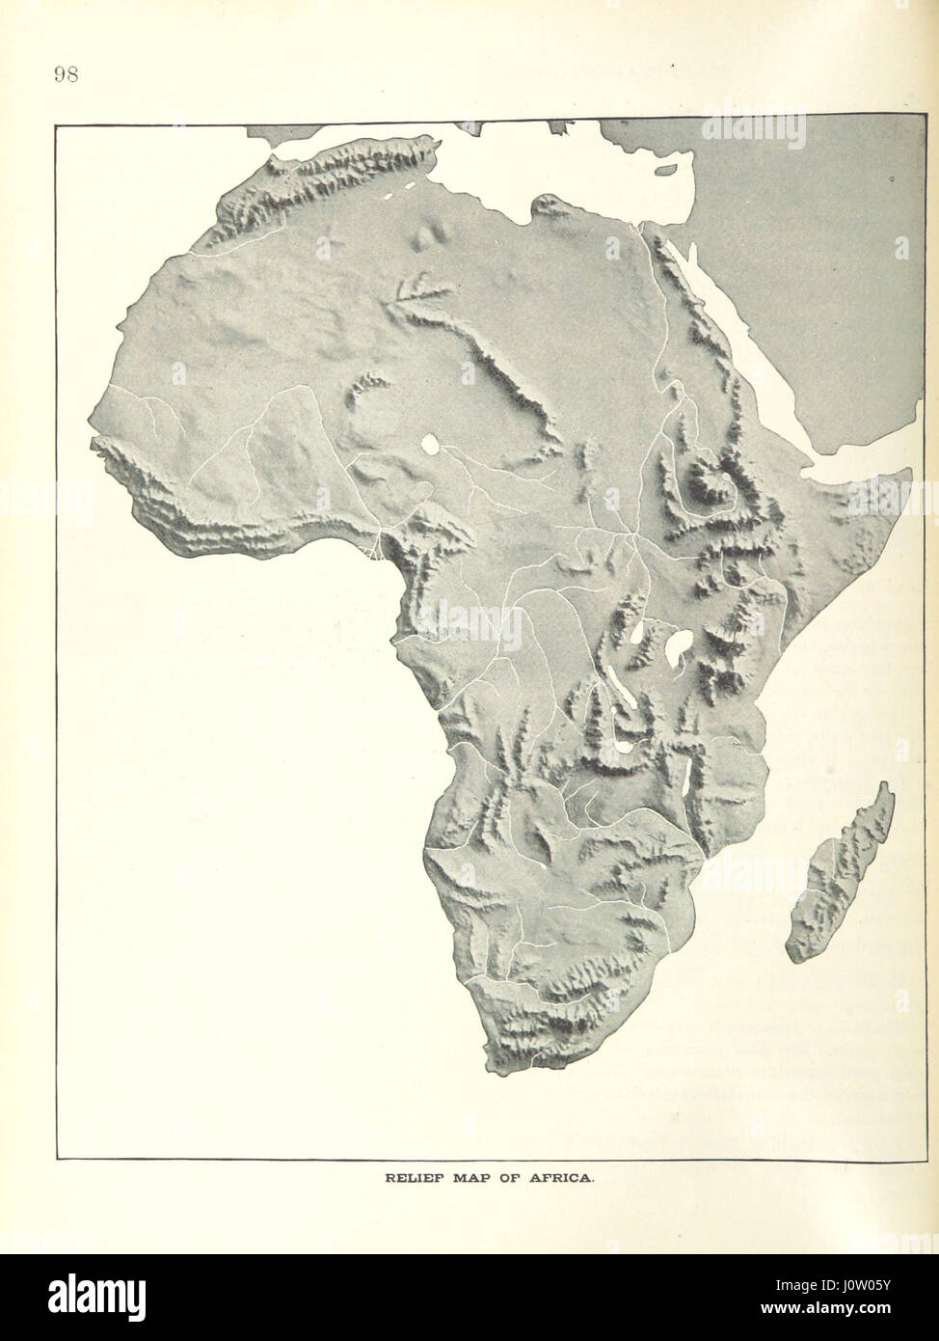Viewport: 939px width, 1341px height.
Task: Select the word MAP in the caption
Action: coord(466,1178)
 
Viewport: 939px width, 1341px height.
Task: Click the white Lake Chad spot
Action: coord(429,445)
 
